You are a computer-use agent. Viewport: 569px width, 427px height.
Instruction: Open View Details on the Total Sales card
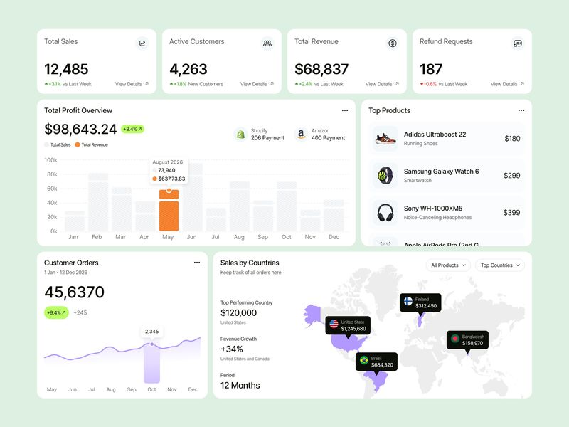(x=132, y=84)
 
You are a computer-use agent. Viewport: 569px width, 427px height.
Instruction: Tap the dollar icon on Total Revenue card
(x=393, y=43)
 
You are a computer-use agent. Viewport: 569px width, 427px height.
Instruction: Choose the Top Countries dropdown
(x=500, y=265)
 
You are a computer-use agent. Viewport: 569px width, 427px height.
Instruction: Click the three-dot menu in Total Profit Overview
(x=345, y=110)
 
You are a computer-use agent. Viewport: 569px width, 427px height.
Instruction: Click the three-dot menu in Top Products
(x=521, y=110)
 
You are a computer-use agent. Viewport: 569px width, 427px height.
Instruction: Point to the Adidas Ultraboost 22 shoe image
(x=385, y=138)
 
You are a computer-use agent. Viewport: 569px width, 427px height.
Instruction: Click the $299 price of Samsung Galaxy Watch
(x=511, y=175)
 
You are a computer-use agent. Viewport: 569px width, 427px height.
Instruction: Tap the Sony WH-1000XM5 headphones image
(x=385, y=212)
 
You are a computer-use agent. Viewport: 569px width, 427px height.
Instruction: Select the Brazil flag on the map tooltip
(x=364, y=361)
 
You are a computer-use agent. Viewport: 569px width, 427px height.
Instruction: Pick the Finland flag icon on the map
(x=408, y=302)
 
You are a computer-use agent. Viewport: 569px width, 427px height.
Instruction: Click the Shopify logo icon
(x=240, y=134)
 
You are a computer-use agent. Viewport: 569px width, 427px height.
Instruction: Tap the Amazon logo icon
(x=301, y=134)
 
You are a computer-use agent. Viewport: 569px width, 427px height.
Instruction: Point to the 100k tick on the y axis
(x=50, y=160)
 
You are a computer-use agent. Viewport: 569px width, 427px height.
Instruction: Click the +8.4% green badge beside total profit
(x=132, y=129)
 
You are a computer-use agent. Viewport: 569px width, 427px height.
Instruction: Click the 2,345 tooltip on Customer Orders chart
(x=151, y=331)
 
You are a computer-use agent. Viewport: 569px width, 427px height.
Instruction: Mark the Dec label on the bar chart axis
(x=334, y=237)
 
